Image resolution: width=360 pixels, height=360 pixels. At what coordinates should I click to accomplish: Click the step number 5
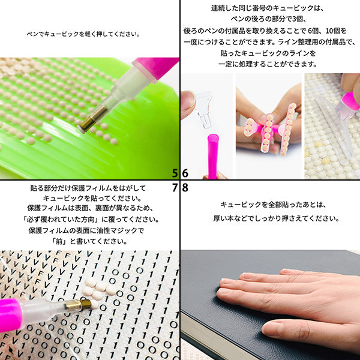(x=175, y=173)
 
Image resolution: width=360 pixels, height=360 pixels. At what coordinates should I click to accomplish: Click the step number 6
(x=185, y=173)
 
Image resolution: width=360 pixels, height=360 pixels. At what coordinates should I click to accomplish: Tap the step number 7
(x=175, y=187)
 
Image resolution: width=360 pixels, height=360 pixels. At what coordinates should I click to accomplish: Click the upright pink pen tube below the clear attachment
(x=212, y=155)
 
